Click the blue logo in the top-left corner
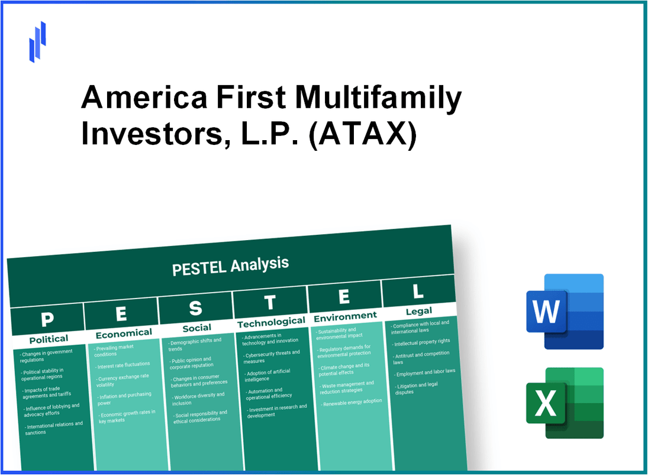coord(38,41)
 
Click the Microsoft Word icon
coord(565,312)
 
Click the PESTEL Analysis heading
coord(230,266)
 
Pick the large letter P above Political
coord(47,319)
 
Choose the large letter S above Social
coord(195,308)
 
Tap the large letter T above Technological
coord(270,303)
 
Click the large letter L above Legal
coord(418,292)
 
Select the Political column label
coord(49,339)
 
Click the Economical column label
coord(124,333)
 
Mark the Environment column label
coord(345,316)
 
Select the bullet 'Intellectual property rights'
coord(423,341)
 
